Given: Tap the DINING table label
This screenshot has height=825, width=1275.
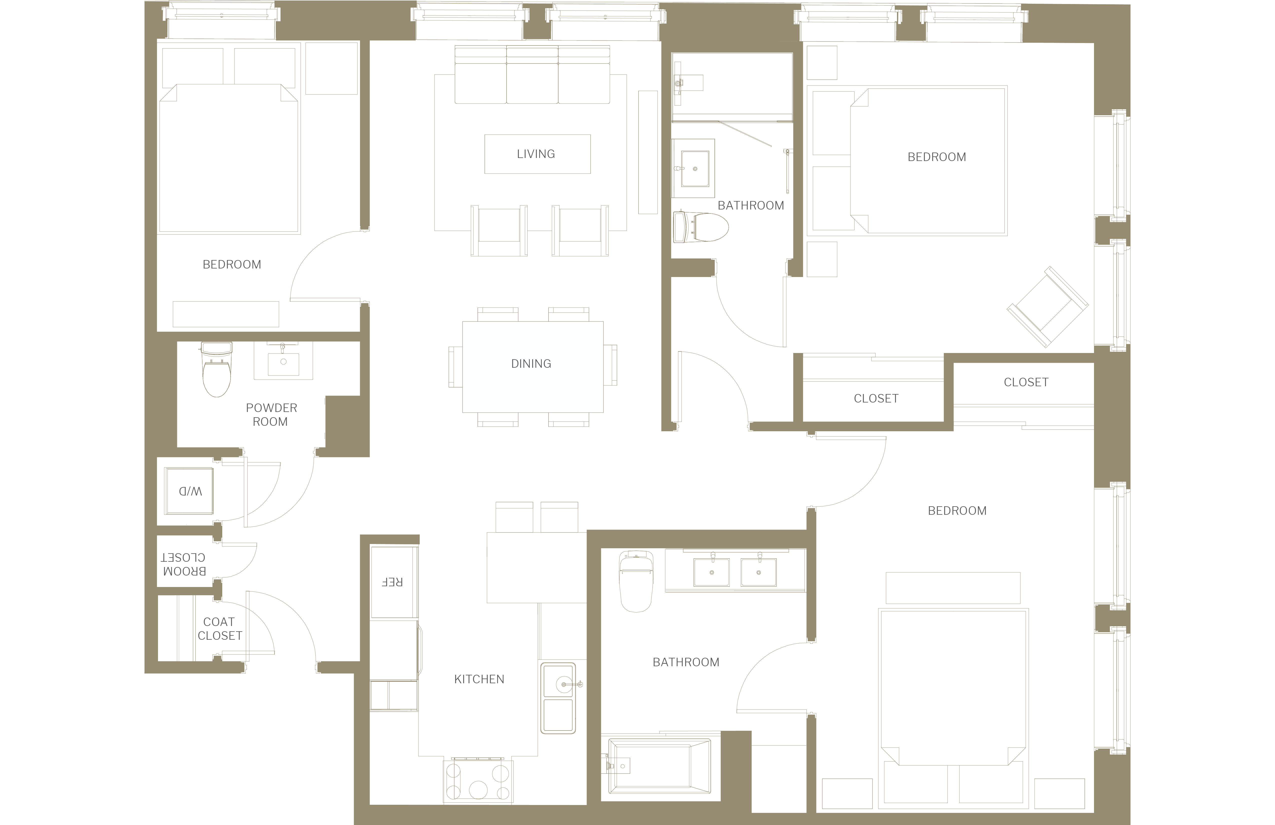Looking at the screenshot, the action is click(531, 364).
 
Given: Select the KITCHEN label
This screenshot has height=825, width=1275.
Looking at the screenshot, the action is click(479, 679).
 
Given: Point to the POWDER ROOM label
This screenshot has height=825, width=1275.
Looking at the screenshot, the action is click(271, 415).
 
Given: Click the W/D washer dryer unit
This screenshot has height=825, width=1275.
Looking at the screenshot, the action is click(189, 491).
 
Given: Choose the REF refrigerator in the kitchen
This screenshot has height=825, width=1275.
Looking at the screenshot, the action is click(394, 582).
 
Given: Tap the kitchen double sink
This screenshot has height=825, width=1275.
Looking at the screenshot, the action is click(558, 698).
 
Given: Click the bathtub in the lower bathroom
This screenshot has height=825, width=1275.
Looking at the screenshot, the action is click(659, 765).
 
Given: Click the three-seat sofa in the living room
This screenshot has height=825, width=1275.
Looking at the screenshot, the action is click(532, 74).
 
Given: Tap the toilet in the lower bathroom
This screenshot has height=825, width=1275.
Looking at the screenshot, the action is click(636, 581).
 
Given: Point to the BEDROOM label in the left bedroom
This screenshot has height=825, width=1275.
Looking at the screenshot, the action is click(232, 265).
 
